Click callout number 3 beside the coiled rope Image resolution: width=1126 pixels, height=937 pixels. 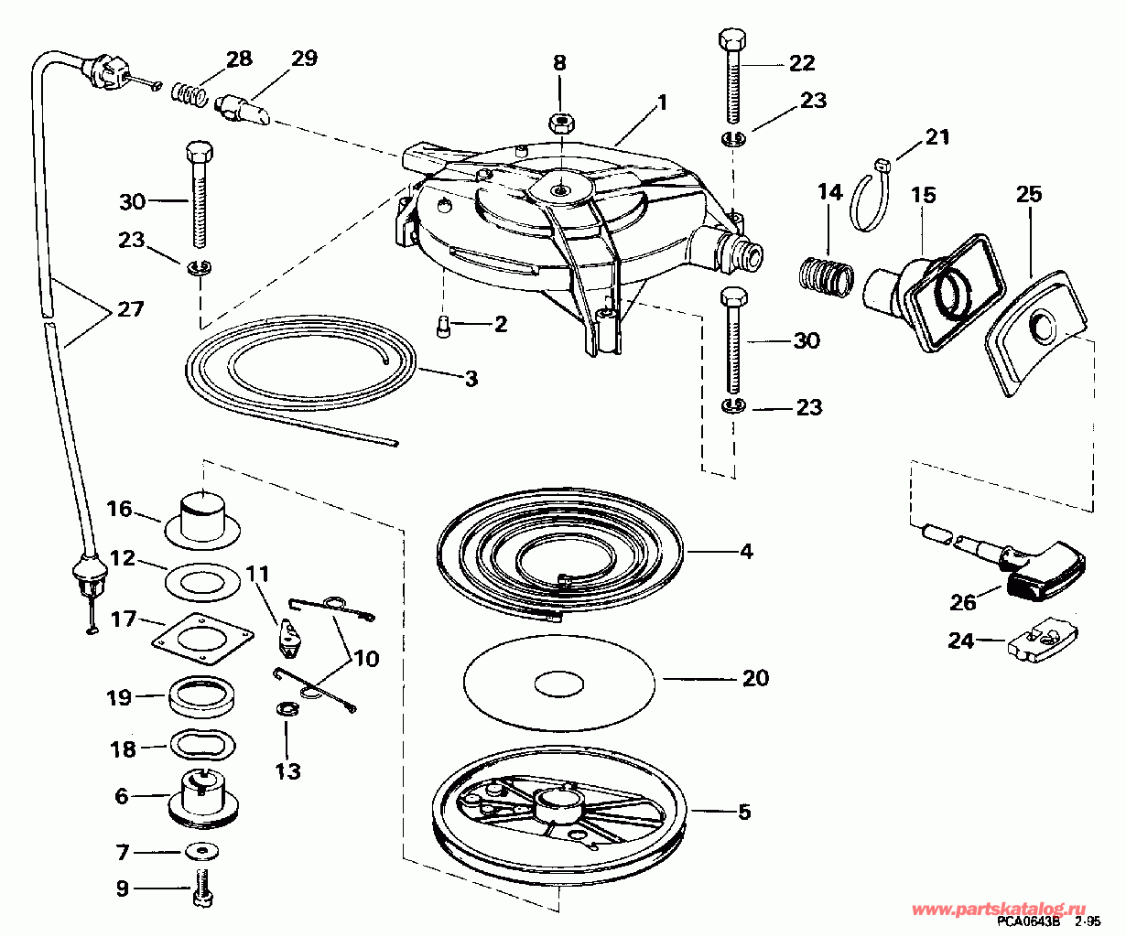coord(471,378)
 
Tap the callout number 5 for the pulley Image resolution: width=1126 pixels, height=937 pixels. coord(743,812)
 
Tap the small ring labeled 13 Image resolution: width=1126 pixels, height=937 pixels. coord(287,710)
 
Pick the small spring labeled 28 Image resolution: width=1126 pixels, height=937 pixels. coord(188,93)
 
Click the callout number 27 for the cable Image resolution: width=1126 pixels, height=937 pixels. coord(130,309)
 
